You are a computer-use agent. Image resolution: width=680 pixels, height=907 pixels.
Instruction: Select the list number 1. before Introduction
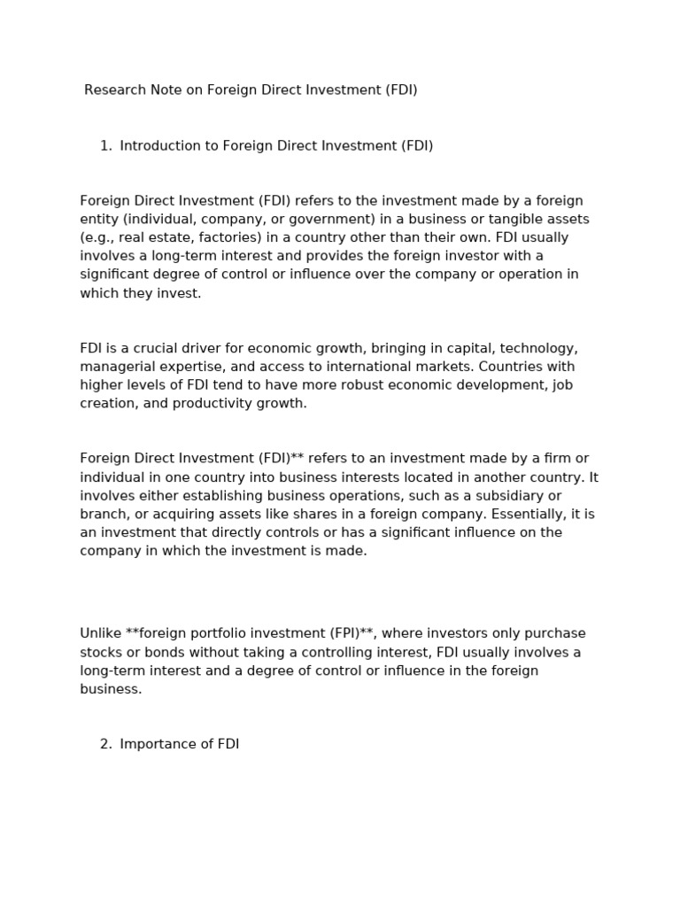pyautogui.click(x=105, y=146)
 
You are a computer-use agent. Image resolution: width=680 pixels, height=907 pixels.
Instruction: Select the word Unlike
pyautogui.click(x=100, y=633)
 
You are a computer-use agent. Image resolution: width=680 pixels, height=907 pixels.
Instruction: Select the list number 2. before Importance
pyautogui.click(x=105, y=744)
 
